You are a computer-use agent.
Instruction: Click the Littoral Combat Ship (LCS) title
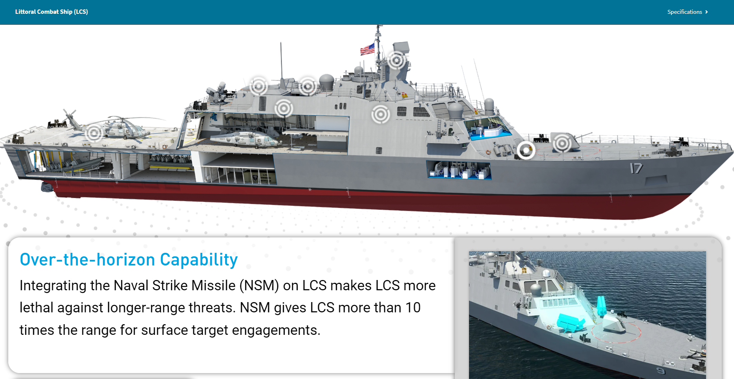point(52,12)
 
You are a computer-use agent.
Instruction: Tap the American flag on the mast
point(367,49)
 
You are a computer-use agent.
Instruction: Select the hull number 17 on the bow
point(636,168)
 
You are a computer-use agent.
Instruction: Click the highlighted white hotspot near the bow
point(526,150)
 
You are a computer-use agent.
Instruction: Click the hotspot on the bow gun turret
point(562,143)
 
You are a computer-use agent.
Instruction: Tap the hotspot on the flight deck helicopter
point(94,133)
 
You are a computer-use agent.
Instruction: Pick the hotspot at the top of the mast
point(397,60)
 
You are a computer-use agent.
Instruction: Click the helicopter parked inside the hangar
point(244,139)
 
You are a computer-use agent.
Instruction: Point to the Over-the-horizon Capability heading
point(129,260)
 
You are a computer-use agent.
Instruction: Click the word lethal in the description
point(37,307)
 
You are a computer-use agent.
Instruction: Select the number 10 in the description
point(413,307)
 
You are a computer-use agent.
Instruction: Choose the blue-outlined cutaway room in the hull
point(459,170)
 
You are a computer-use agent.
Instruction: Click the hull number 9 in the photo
point(660,371)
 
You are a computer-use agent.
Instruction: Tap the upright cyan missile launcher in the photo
point(601,306)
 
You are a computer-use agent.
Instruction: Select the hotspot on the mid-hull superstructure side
point(381,114)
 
